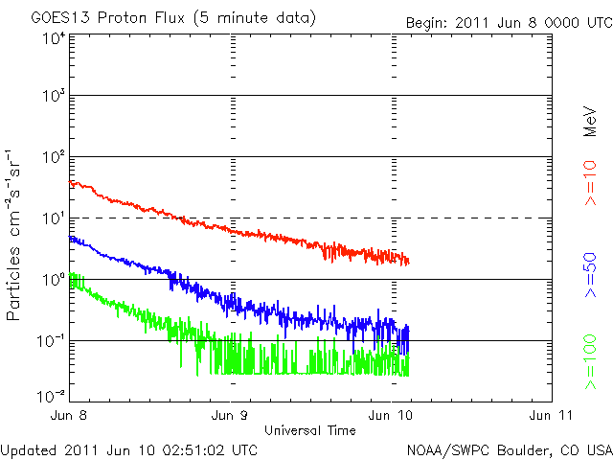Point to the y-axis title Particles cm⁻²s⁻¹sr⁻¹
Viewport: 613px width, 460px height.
[15, 235]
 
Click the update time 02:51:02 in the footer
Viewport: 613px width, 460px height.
[193, 449]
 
